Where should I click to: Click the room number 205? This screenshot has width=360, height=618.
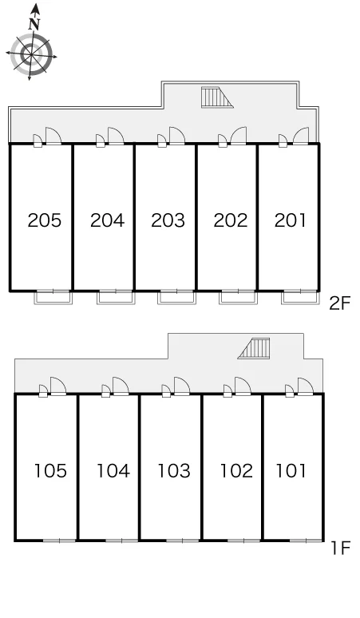[x=45, y=220]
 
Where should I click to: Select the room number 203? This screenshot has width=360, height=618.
[x=168, y=220]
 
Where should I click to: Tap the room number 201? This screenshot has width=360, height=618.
[x=291, y=220]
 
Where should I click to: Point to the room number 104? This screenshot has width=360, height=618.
[x=113, y=470]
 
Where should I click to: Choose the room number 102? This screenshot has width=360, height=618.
[x=236, y=470]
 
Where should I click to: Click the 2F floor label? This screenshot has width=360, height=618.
[x=339, y=303]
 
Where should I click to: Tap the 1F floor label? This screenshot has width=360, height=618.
[x=341, y=548]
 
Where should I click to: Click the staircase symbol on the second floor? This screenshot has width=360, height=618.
[x=216, y=97]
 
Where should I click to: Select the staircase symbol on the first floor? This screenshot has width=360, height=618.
[x=254, y=348]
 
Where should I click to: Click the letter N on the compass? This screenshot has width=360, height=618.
[x=34, y=25]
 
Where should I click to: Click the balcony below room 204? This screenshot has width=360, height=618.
[x=116, y=298]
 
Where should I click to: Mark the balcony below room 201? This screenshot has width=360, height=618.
[x=299, y=298]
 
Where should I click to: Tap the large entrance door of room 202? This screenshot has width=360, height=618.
[x=239, y=136]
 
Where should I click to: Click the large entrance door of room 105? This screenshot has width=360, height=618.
[x=58, y=386]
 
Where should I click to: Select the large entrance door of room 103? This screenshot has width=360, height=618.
[x=181, y=386]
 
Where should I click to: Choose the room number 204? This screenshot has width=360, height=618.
[x=107, y=220]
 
